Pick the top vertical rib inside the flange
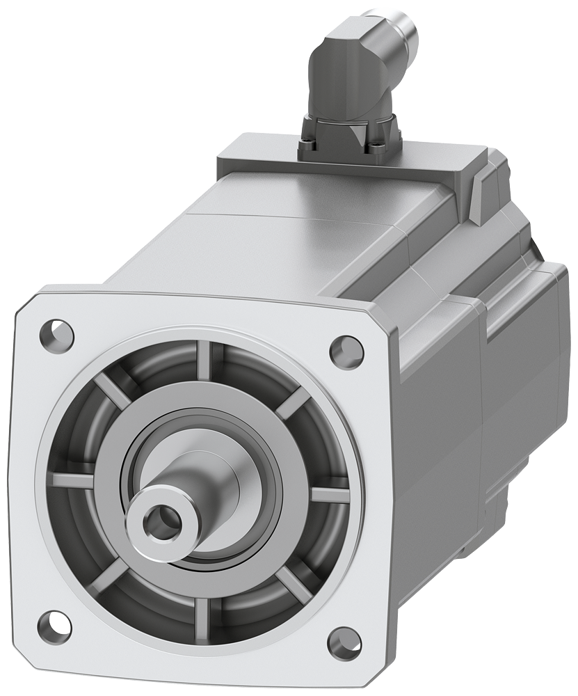(x=206, y=361)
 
